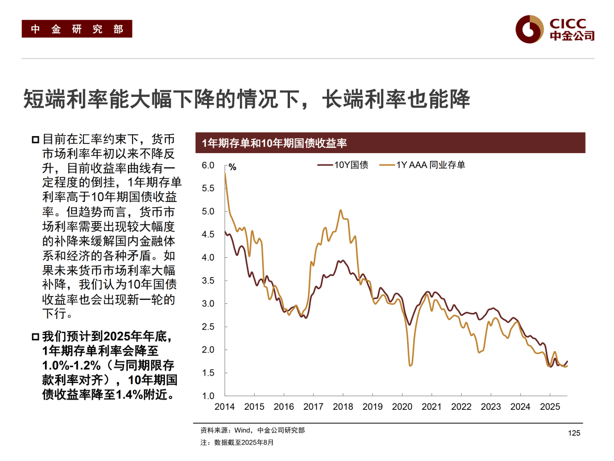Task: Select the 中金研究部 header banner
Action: point(77,29)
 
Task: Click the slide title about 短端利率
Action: point(246,99)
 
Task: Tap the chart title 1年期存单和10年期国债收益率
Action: point(275,143)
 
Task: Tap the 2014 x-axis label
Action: point(225,407)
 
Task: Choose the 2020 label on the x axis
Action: point(402,407)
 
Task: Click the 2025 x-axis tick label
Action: point(550,407)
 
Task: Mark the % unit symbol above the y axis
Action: point(232,167)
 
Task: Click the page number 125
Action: point(574,434)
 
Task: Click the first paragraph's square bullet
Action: point(36,139)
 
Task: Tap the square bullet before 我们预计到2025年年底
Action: point(36,337)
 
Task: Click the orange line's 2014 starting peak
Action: point(225,173)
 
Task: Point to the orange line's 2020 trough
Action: point(410,365)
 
